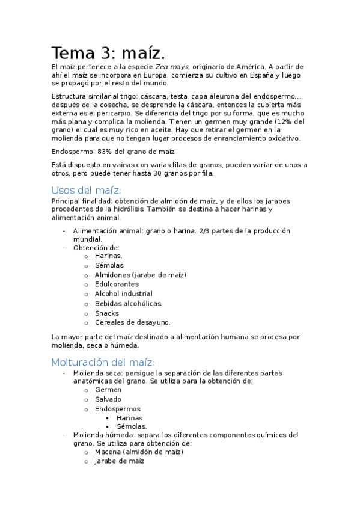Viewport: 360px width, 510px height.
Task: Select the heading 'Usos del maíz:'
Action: [87, 190]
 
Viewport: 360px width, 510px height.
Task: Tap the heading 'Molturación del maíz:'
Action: [103, 362]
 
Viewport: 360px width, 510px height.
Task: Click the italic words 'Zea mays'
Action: [172, 67]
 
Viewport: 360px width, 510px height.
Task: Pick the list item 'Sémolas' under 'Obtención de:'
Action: [109, 265]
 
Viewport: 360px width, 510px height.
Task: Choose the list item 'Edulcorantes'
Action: [117, 284]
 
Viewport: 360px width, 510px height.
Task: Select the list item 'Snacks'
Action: [106, 313]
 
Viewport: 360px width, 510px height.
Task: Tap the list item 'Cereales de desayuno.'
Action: [132, 322]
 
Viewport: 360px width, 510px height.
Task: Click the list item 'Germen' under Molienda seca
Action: [108, 390]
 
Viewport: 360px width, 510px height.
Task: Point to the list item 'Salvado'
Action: [108, 399]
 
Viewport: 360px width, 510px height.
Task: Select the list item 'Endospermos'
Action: [117, 409]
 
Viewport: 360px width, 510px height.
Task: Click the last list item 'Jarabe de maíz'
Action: [120, 461]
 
